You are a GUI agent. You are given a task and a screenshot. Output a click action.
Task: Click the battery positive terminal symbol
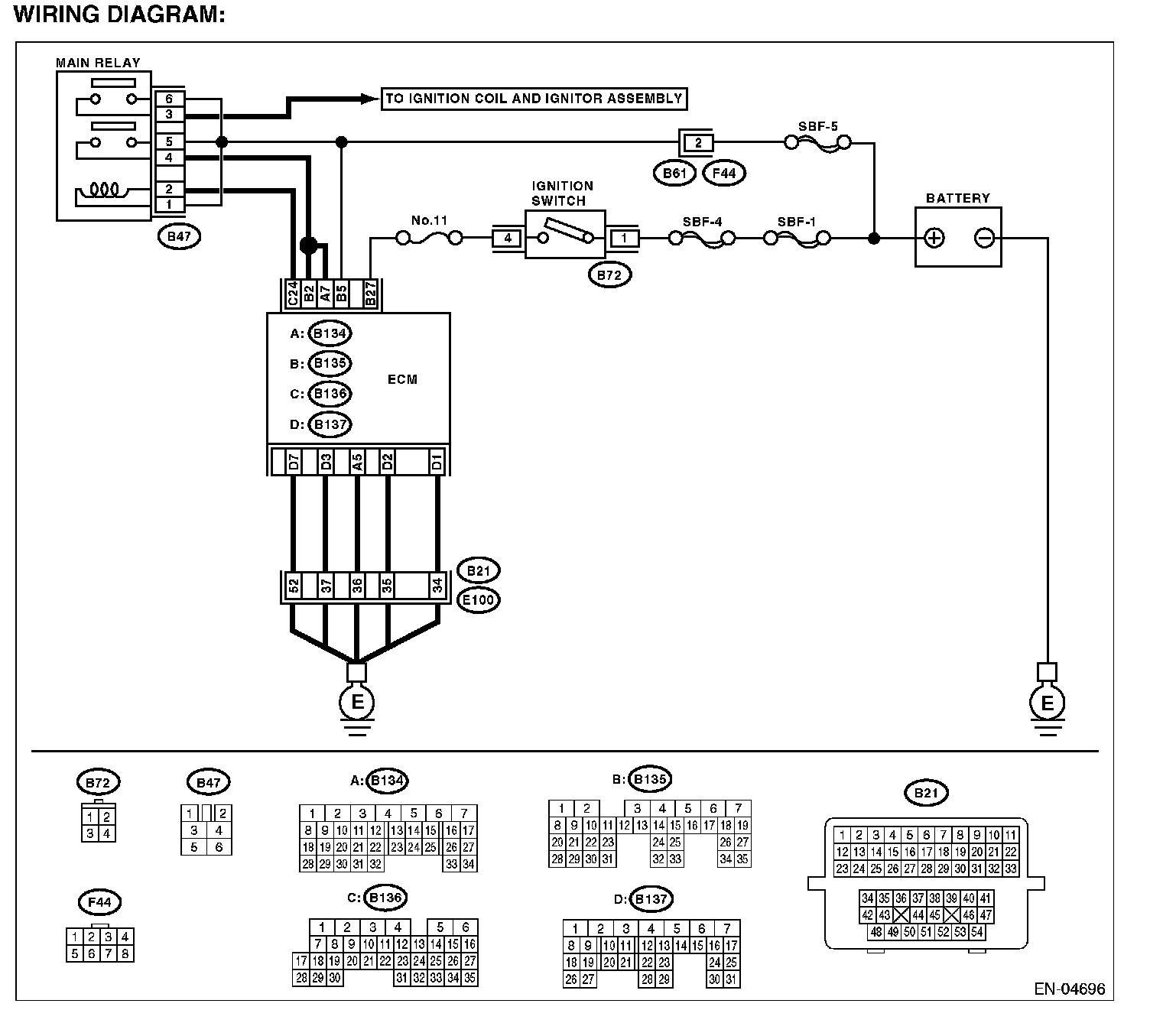coord(934,238)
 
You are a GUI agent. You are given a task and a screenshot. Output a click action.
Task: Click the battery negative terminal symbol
coord(984,238)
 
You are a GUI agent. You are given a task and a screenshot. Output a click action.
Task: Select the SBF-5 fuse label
coord(818,127)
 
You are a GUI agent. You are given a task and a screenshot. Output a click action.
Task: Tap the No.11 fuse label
coord(429,220)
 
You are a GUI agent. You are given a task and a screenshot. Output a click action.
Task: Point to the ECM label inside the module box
coord(402,379)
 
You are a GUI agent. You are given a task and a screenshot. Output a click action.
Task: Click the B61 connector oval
coord(674,173)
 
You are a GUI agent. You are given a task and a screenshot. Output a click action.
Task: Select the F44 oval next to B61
coord(723,173)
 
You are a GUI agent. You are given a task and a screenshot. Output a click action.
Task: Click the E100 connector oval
coord(479,600)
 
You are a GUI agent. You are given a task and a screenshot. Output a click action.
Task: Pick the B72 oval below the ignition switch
coord(609,275)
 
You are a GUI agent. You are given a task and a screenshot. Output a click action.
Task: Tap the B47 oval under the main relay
coord(179,236)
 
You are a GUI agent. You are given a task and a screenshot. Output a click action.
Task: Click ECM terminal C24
coord(293,294)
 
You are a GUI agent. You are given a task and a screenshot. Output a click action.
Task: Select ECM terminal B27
coord(370,294)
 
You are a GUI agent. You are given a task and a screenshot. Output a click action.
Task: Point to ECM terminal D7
coord(294,462)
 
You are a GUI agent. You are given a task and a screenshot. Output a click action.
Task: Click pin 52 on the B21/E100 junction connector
coord(294,586)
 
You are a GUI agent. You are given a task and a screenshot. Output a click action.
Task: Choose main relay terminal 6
coord(169,98)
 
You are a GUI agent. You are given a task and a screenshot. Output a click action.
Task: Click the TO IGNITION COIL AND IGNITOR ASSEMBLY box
coord(534,99)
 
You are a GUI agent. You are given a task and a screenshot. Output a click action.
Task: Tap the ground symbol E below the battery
coord(1048,703)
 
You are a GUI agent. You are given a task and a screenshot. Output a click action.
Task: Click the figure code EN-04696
coord(1070,989)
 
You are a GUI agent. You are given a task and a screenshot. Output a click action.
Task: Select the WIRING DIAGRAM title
coord(120,15)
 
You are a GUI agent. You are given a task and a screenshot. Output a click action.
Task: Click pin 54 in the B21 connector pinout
coord(976,932)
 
